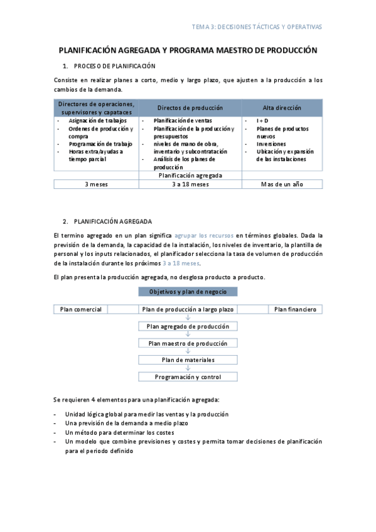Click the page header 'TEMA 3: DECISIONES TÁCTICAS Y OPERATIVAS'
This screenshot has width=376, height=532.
pos(256,27)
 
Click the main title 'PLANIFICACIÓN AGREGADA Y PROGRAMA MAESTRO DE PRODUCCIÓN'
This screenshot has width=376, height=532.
pos(188,50)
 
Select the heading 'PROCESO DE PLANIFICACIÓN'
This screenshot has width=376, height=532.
pos(114,66)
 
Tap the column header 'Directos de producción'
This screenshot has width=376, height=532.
pos(190,108)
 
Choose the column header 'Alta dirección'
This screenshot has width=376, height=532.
pos(282,108)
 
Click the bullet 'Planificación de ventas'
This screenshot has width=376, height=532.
pos(183,120)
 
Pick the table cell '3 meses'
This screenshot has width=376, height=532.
pos(96,184)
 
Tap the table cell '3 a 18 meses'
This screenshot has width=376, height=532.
pos(190,184)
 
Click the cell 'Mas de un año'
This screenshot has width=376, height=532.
pos(282,184)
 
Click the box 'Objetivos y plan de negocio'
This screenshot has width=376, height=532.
pos(188,292)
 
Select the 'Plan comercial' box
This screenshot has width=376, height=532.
pos(80,309)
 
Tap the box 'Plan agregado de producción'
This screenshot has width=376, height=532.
pos(188,326)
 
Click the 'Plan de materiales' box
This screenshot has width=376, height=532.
pos(188,360)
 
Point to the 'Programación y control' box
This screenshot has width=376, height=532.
pos(188,377)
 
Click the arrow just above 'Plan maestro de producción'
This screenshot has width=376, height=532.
pos(188,335)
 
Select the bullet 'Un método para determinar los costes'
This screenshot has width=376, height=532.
pos(122,432)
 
